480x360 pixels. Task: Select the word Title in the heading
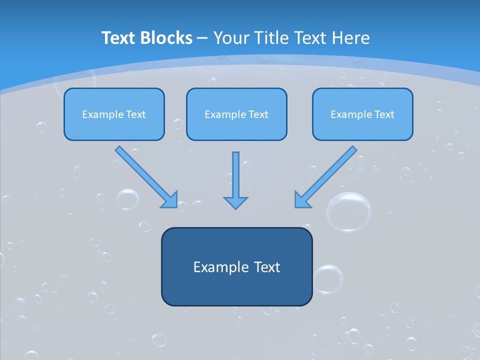tap(272, 38)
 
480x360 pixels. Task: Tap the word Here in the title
tap(351, 38)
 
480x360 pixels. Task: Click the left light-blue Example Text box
tap(114, 114)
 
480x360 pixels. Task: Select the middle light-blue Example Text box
tap(236, 114)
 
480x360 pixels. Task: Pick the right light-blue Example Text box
tap(363, 114)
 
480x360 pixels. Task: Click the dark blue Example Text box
tap(237, 266)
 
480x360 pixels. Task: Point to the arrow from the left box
tap(146, 177)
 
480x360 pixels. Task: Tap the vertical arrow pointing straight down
tap(235, 180)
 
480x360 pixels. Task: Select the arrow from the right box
tap(325, 177)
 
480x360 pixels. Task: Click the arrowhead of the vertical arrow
tap(235, 203)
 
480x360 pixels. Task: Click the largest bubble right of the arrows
tap(348, 212)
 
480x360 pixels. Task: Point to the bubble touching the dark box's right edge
tap(328, 279)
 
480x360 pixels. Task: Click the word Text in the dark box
tap(267, 267)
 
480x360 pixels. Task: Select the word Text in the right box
tap(384, 114)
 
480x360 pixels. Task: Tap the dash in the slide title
tap(202, 38)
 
